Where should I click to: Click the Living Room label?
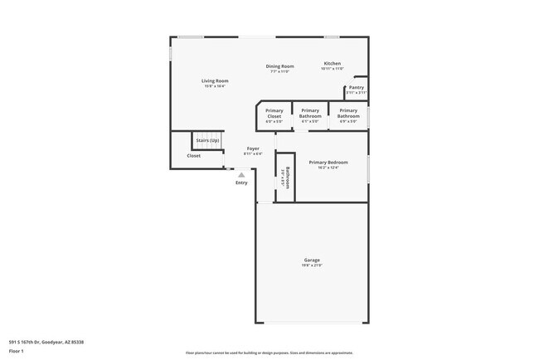(215, 80)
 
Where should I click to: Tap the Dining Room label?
(279, 66)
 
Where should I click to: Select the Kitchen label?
(332, 63)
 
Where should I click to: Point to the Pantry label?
(356, 87)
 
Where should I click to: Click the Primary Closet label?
(274, 114)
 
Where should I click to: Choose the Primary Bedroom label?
(328, 162)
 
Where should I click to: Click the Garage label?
(311, 260)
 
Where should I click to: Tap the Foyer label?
(253, 148)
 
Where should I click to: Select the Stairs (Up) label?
(207, 141)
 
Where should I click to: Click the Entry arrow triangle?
(241, 175)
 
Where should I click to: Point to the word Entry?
(241, 182)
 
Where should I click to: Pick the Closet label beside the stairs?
(193, 156)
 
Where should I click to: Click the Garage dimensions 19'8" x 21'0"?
(311, 265)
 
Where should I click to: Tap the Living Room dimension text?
(215, 86)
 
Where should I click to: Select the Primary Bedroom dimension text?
(328, 168)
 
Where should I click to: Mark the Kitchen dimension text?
(332, 69)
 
